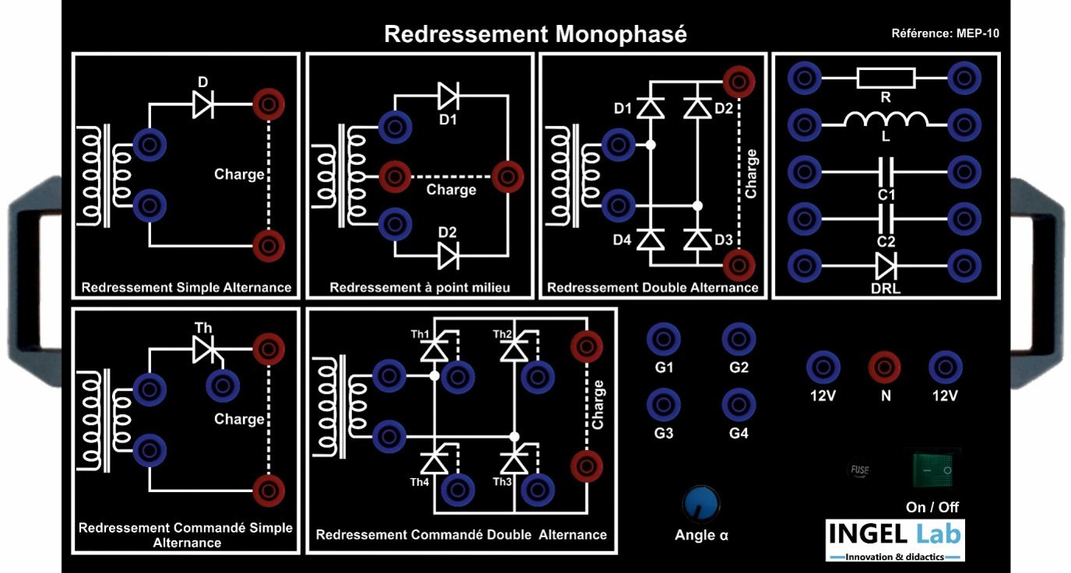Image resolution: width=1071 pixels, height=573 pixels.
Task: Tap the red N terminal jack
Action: (884, 367)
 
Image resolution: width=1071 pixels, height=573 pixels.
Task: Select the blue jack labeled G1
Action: (664, 339)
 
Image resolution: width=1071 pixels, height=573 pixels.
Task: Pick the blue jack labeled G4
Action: (738, 405)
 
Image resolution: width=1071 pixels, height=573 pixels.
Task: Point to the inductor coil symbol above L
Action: (886, 121)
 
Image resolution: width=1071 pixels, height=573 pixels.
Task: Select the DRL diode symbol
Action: (886, 265)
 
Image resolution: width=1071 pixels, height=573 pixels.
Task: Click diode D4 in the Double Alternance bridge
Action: (650, 240)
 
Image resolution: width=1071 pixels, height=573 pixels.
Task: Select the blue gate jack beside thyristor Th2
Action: (537, 376)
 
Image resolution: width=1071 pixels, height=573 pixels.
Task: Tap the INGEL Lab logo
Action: (895, 540)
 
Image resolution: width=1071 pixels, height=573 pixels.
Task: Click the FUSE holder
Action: (859, 470)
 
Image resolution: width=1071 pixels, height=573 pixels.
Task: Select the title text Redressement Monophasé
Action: (535, 34)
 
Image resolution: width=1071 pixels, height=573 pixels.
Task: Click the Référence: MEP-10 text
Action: (945, 33)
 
